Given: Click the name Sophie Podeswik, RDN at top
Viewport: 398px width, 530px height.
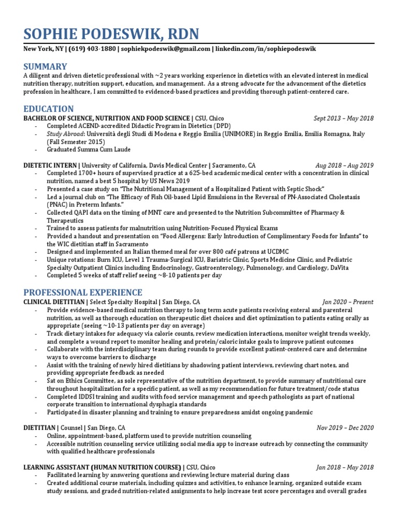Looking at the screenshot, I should click(110, 35).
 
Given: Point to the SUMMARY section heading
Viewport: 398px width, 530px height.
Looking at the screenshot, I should click(45, 66).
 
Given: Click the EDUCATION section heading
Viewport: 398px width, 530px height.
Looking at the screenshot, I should click(49, 109).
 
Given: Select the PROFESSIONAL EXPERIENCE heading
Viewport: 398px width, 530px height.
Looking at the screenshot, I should click(83, 292).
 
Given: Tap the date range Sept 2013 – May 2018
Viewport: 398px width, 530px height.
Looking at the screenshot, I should click(344, 119).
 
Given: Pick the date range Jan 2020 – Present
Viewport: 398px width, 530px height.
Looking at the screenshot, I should click(347, 302).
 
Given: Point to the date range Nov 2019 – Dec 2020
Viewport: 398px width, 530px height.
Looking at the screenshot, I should click(345, 428).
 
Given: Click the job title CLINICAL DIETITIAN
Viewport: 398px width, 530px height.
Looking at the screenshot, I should click(53, 302).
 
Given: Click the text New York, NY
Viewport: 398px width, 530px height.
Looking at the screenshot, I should click(43, 49).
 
